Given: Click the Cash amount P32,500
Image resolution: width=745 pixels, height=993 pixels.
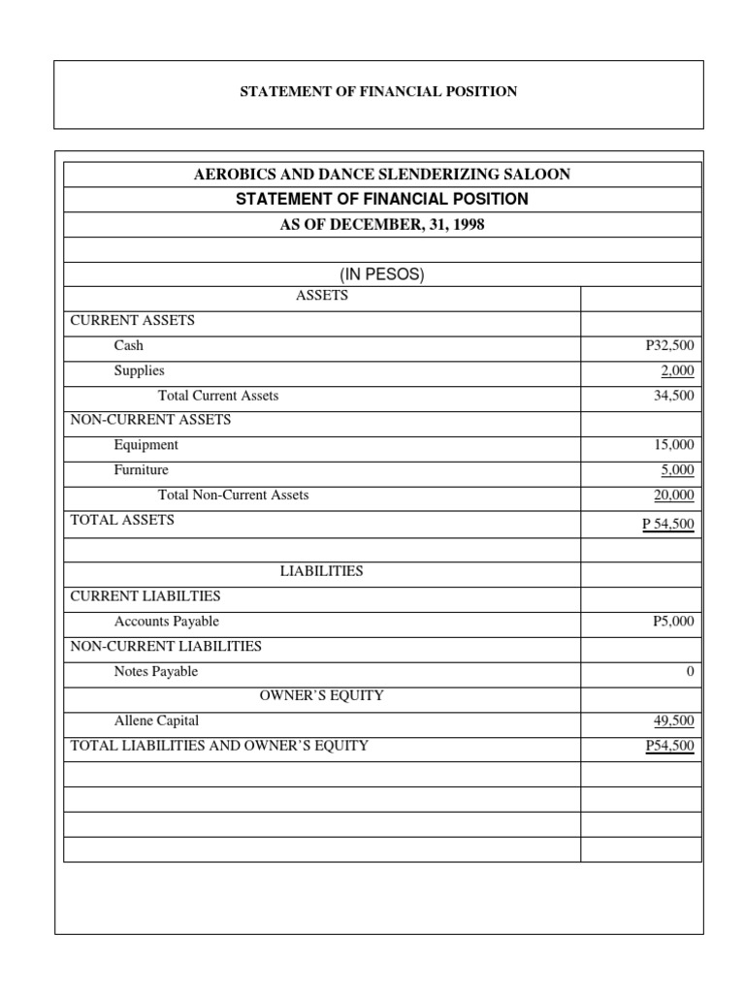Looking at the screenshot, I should pos(669,345).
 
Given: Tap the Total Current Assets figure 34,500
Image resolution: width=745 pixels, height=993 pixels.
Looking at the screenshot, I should pos(673,396).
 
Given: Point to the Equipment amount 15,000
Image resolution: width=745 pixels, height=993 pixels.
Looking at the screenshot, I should pos(673,445).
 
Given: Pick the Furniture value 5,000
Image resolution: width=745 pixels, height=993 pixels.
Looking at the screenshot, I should pos(676,470).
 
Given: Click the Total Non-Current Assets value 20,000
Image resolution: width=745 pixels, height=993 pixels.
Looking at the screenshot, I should pos(673,496).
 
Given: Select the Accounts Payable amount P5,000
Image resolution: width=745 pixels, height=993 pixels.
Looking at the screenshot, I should pos(673,622).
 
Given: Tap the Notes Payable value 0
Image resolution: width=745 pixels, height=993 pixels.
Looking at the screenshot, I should pos(690,672).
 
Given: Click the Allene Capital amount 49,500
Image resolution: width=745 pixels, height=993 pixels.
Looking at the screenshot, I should pos(673,721).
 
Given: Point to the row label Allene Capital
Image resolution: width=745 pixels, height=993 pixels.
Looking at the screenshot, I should pos(156,721).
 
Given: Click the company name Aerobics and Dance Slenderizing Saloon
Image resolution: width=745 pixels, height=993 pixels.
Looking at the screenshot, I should pos(382,175).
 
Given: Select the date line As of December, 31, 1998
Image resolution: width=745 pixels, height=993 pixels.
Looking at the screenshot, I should pos(382,224).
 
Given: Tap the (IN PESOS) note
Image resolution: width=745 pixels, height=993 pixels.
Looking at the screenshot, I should pos(382,274).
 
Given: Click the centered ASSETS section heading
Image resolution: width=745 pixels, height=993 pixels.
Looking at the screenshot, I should pos(321,296).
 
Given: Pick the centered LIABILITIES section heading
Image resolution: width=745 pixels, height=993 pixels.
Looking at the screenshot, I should pos(321,571).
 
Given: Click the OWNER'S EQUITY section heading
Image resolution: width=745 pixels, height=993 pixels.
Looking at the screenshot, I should pos(321,695).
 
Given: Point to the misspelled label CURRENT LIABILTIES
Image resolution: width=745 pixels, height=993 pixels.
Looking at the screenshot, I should pos(146,596).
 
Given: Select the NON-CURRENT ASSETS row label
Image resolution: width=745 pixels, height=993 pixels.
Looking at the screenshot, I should pos(150,420).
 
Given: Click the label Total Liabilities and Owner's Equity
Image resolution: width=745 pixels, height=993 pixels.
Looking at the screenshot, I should pos(219,746).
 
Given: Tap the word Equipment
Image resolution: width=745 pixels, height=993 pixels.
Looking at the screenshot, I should pos(146,445).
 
